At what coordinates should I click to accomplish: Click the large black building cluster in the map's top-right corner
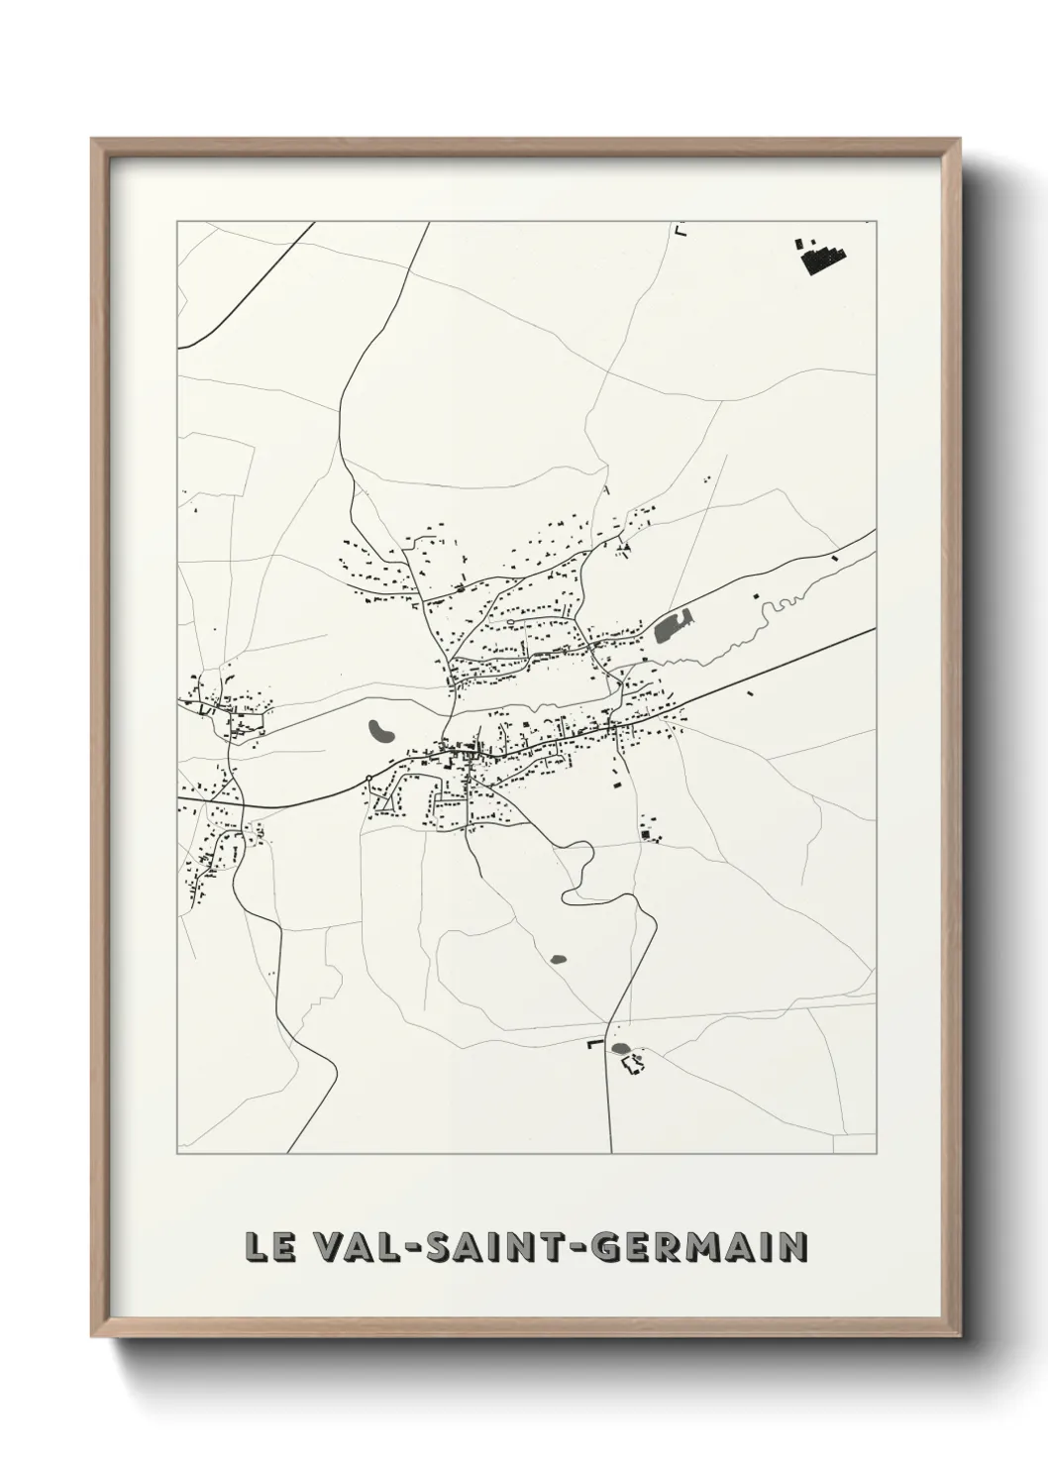click(x=821, y=256)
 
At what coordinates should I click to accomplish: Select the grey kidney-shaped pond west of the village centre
click(x=381, y=733)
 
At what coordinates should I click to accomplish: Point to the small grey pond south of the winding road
click(x=558, y=959)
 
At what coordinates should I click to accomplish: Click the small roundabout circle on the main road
click(x=367, y=778)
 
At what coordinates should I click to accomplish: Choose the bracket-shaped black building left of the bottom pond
click(x=594, y=1044)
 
